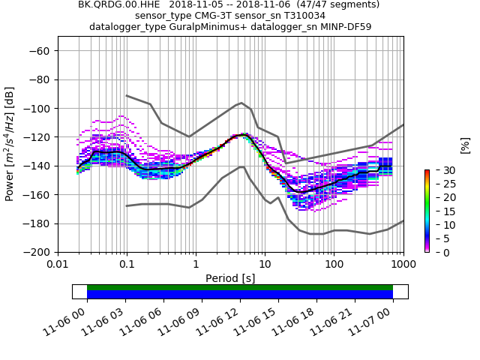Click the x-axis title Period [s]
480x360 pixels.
point(230,277)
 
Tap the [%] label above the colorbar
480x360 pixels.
point(465,145)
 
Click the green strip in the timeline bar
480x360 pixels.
point(240,287)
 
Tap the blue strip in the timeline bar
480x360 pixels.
point(240,295)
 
